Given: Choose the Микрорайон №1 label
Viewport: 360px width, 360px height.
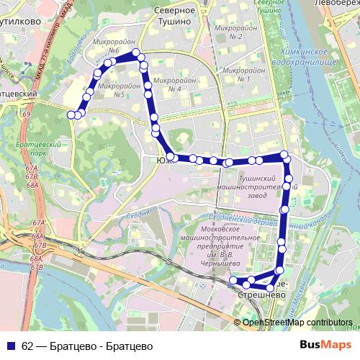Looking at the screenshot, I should click(x=236, y=74).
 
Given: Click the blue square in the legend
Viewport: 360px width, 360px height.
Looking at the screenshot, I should click(x=10, y=345).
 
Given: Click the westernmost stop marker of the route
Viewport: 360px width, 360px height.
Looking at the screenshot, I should click(x=71, y=114).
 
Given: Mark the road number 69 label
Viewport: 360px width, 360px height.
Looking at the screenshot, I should click(x=27, y=114).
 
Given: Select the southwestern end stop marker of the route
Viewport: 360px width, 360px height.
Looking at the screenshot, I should click(x=233, y=281).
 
